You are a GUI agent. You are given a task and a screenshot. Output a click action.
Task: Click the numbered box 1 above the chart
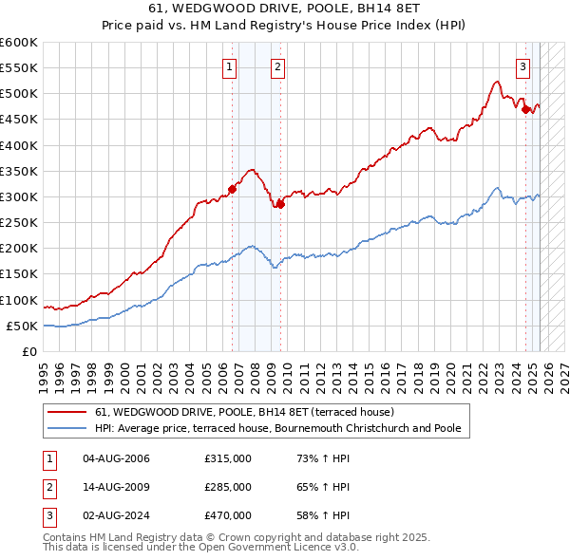coord(231,66)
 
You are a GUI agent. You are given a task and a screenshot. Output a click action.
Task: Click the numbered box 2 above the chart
coord(276,66)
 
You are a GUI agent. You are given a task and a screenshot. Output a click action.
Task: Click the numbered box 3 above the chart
coord(523,66)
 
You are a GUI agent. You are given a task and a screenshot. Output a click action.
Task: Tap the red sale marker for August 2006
coord(233,189)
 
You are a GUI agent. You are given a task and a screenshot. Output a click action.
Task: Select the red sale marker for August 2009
coord(280,204)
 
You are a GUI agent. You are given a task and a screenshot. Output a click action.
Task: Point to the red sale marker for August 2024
coord(525,109)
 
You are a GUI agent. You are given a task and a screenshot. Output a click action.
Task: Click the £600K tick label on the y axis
coord(18,43)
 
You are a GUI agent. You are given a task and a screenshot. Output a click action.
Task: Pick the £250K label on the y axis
coord(18,223)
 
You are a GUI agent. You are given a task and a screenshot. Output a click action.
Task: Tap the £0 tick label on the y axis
coord(29,352)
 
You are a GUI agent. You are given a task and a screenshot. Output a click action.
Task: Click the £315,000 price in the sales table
coord(227,458)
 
